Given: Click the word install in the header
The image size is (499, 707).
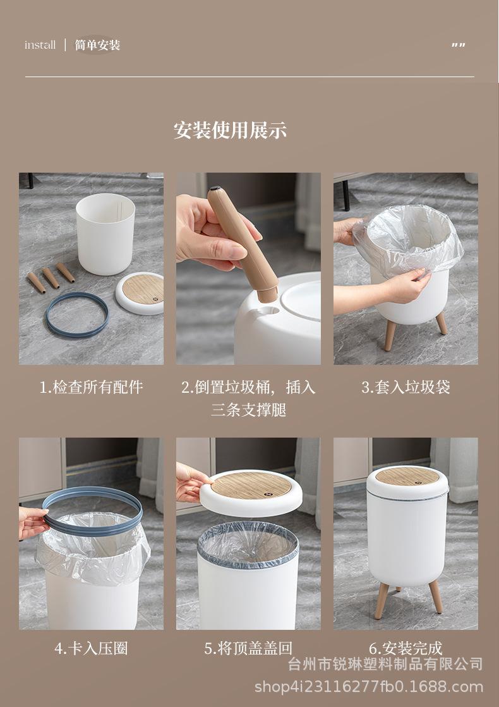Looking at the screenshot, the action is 40,45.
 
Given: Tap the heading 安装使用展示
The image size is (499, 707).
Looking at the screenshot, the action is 230,130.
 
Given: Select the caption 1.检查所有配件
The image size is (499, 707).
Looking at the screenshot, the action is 91,387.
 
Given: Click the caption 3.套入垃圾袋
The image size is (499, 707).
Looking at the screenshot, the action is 406,387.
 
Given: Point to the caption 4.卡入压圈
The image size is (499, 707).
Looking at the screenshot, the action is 91,648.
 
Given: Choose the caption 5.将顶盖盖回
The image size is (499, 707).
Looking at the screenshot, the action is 248,648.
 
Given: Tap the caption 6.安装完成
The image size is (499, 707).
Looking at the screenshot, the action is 406,648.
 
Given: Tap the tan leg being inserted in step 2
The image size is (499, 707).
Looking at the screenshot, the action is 243,243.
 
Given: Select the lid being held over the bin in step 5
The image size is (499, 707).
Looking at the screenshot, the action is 251,493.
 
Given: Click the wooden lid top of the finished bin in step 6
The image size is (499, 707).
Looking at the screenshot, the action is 407,476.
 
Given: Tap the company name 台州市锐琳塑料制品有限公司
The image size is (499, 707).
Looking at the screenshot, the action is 385,664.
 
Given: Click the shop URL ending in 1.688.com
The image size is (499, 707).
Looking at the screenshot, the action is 369,687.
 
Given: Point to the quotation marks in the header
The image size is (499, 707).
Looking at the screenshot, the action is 459,45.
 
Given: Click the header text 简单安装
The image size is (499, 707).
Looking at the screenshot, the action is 97,45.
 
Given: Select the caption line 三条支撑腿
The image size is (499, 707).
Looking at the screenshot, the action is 248,410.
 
